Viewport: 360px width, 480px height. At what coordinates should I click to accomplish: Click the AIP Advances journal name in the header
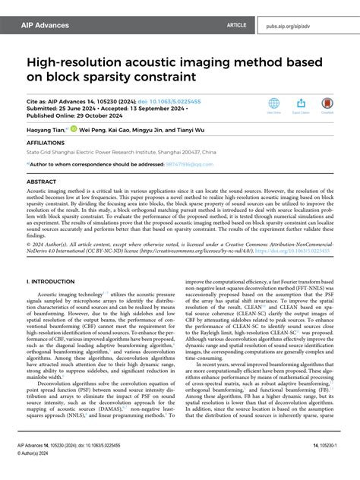coord(46,25)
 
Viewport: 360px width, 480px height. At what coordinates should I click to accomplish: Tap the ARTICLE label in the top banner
coord(236,25)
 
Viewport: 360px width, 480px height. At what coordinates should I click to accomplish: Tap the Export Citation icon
coord(300,104)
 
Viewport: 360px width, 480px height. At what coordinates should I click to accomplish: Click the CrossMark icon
coord(327,104)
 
